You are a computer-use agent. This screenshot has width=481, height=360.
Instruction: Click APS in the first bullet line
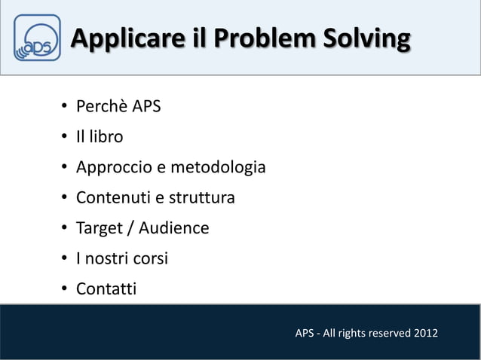(146, 106)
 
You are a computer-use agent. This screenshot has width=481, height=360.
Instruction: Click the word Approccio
(113, 167)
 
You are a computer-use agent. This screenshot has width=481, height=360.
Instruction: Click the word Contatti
(106, 288)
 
